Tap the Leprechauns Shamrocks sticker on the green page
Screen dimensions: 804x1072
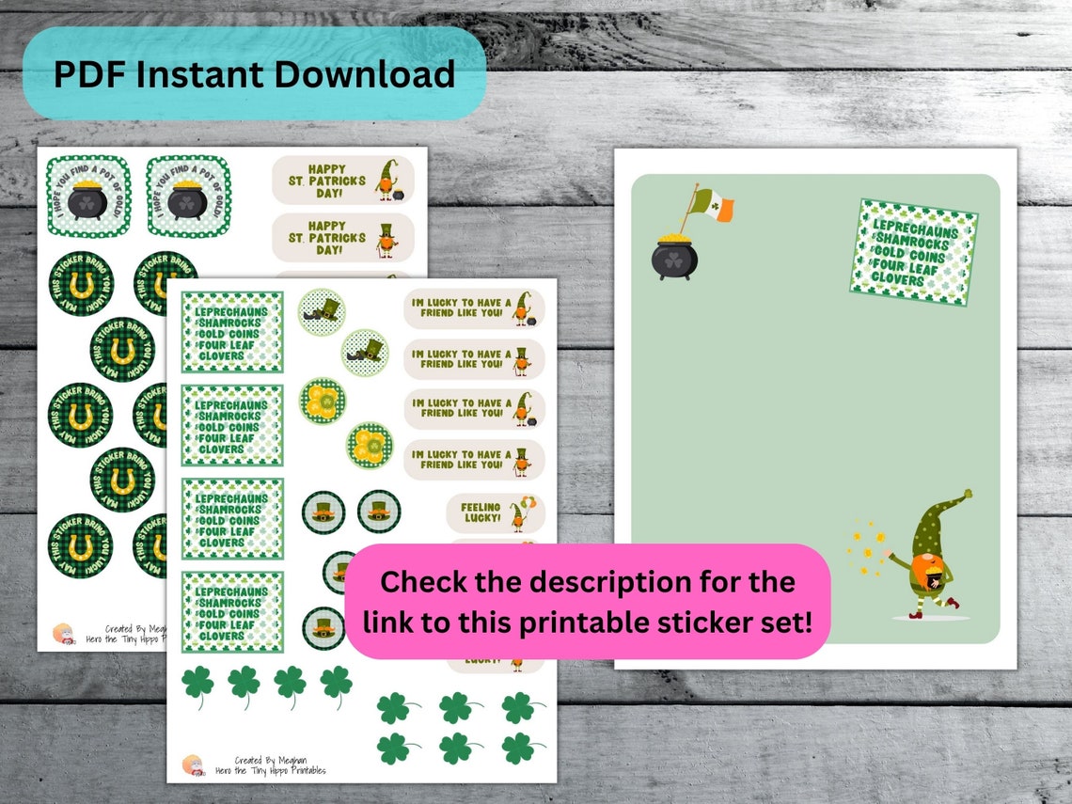[x=913, y=251]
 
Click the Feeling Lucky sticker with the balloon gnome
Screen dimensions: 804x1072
[x=495, y=513]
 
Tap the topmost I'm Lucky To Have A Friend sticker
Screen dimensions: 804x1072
[x=474, y=308]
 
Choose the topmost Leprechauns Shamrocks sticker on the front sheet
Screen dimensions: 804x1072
[x=232, y=332]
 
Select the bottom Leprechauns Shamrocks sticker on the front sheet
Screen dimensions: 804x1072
[x=232, y=612]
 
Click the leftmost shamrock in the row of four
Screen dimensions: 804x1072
[x=198, y=686]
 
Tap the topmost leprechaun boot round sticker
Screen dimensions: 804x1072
[x=322, y=309]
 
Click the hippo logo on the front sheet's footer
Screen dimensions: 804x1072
[x=194, y=763]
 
